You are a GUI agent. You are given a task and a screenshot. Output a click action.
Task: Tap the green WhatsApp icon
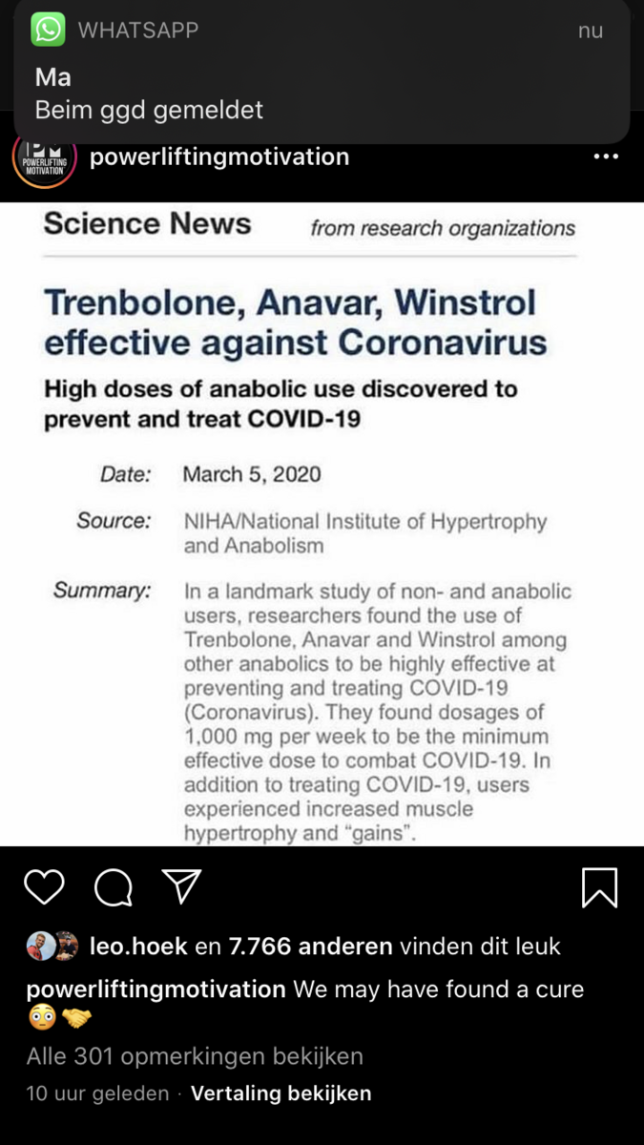tap(48, 30)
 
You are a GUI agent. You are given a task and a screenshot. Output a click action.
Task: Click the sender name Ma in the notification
tap(53, 76)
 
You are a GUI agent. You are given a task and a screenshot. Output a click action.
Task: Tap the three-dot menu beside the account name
tap(606, 156)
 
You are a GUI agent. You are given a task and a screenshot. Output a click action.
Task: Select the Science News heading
tap(147, 223)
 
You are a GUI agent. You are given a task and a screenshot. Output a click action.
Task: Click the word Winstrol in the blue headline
tap(466, 302)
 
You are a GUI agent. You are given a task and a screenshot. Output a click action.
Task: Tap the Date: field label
tap(126, 474)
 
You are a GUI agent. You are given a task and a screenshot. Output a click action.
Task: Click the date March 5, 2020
tap(252, 474)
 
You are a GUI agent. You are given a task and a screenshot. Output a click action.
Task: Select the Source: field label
tap(114, 521)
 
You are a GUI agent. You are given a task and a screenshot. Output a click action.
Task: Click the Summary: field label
tap(102, 591)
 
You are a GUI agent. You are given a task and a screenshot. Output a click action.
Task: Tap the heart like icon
tap(44, 887)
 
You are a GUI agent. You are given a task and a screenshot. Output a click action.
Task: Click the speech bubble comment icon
tap(114, 888)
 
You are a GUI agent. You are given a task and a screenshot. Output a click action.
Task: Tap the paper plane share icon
tap(181, 886)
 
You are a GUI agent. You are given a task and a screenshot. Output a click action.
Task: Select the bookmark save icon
tap(599, 887)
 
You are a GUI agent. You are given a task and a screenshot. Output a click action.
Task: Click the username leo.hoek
tap(138, 947)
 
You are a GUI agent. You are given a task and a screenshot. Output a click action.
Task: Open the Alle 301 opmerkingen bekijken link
tap(195, 1056)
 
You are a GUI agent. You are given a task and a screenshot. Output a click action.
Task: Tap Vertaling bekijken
tap(281, 1093)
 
